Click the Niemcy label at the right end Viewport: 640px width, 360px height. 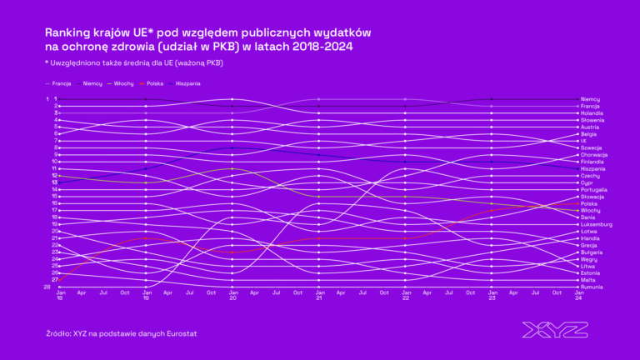point(590,99)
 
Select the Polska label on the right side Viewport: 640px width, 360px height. point(589,203)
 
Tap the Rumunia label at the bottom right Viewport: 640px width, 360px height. point(591,287)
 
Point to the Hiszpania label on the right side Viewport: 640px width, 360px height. point(592,169)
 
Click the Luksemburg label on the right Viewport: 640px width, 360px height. point(596,224)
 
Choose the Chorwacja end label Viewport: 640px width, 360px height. point(594,155)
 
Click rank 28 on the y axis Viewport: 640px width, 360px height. point(47,287)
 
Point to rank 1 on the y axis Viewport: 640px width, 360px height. point(47,99)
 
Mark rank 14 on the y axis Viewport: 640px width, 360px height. point(54,189)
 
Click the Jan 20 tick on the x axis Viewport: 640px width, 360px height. point(232,296)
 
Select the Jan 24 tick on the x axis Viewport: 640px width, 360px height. point(579,296)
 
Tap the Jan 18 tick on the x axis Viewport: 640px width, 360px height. point(60,296)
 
